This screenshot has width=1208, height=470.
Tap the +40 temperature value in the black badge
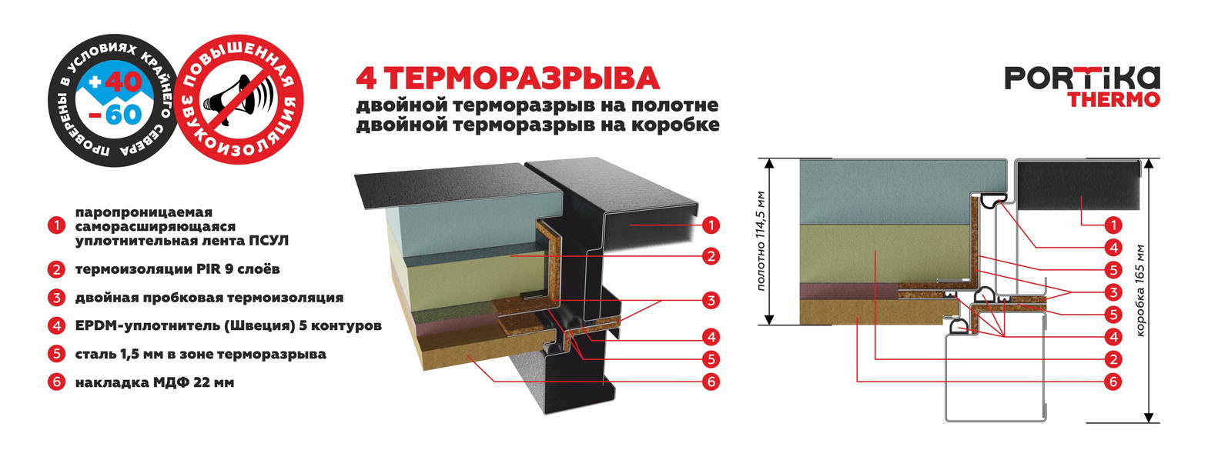pyautogui.click(x=115, y=82)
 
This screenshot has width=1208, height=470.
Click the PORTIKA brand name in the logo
pyautogui.click(x=1081, y=78)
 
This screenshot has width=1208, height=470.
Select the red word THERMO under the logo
pyautogui.click(x=1113, y=99)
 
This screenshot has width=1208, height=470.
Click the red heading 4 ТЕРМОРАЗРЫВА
pyautogui.click(x=507, y=78)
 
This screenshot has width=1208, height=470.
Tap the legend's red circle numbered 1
pyautogui.click(x=56, y=226)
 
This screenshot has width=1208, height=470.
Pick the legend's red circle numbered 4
pyautogui.click(x=56, y=325)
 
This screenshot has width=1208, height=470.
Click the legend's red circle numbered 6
pyautogui.click(x=56, y=382)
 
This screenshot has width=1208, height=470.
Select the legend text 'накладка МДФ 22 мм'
pyautogui.click(x=154, y=382)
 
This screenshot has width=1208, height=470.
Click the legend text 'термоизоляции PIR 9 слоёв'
pyautogui.click(x=177, y=269)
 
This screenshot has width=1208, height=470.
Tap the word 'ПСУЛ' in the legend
pyautogui.click(x=269, y=241)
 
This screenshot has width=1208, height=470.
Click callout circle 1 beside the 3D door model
pyautogui.click(x=711, y=225)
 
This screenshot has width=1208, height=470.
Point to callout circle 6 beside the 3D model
pyautogui.click(x=711, y=382)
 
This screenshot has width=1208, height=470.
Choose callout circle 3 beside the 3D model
pyautogui.click(x=711, y=300)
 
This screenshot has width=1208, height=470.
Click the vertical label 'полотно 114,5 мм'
pyautogui.click(x=761, y=241)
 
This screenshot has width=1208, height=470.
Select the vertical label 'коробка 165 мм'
pyautogui.click(x=1140, y=291)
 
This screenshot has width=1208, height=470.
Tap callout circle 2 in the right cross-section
pyautogui.click(x=1113, y=359)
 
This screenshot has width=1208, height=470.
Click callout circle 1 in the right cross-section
pyautogui.click(x=1113, y=225)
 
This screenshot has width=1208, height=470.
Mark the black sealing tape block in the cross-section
pyautogui.click(x=1079, y=185)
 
